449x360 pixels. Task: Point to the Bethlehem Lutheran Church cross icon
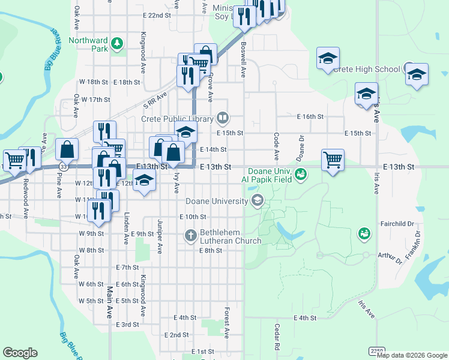(x=191, y=235)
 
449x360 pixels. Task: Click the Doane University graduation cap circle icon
(x=258, y=200)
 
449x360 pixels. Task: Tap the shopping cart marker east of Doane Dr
(x=333, y=160)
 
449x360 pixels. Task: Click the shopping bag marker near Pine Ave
(x=67, y=149)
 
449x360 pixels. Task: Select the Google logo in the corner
(x=20, y=353)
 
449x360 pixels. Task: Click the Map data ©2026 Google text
(x=412, y=355)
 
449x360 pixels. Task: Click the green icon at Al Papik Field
(x=301, y=174)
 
